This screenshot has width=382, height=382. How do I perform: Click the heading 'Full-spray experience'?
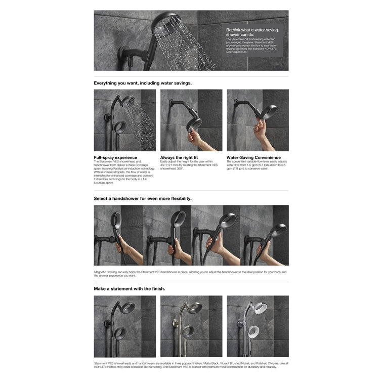point(115,157)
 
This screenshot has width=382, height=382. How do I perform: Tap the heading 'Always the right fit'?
point(179,157)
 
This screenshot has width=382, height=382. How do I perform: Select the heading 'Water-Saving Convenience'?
point(254,157)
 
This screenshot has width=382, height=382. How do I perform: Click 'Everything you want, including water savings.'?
point(143,82)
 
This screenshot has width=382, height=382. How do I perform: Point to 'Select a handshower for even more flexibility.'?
point(143,198)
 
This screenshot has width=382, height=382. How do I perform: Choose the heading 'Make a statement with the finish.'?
point(130,288)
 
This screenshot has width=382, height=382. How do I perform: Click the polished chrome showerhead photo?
point(258,326)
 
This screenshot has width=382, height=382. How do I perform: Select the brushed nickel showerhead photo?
point(191,326)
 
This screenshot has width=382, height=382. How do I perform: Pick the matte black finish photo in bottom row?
point(124,326)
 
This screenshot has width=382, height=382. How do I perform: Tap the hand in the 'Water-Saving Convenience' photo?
point(260,131)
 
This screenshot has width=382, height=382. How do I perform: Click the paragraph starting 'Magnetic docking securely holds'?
point(190,274)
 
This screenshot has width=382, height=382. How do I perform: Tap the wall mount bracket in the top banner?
point(124,53)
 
